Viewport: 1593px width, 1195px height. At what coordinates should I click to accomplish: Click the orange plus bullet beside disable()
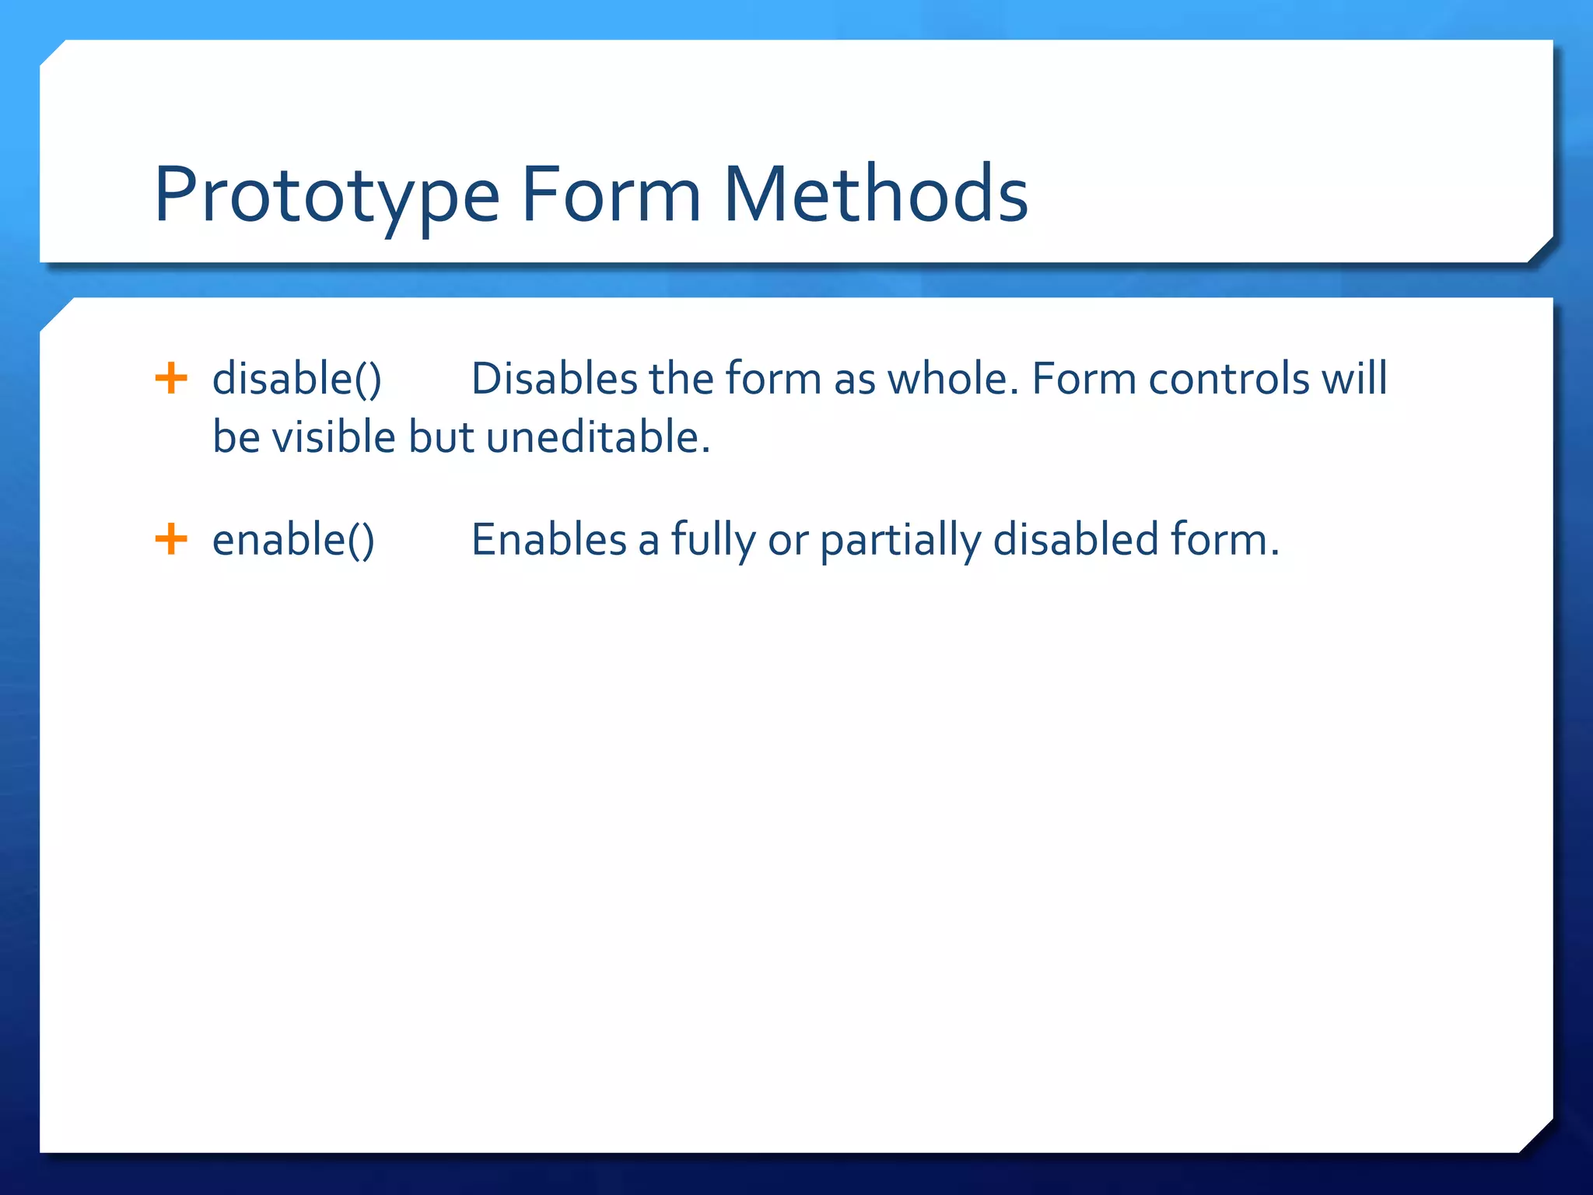171,379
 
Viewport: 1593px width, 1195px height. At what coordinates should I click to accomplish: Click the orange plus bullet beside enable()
171,539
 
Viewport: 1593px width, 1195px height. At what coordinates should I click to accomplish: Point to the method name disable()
297,380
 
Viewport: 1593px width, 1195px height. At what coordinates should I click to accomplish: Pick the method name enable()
293,540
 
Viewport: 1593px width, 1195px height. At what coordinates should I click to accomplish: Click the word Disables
554,380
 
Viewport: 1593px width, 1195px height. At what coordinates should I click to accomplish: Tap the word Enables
549,540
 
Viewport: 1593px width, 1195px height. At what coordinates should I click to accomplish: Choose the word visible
334,437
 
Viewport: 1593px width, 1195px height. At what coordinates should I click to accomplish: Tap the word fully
712,540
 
